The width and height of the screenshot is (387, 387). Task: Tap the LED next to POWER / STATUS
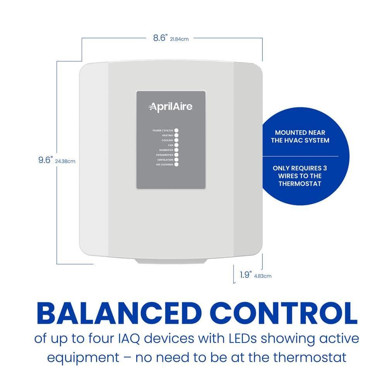(x=176, y=130)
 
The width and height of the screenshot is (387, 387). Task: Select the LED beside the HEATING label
(x=176, y=135)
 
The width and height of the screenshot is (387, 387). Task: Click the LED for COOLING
(x=176, y=140)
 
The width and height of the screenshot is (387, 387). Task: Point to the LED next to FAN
(x=176, y=145)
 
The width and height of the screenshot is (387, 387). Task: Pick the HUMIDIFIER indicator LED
(x=176, y=150)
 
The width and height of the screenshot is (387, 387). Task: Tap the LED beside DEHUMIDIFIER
(x=176, y=155)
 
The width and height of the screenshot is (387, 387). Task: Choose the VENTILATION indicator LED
(x=176, y=159)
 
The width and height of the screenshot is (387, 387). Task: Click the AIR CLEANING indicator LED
(x=176, y=164)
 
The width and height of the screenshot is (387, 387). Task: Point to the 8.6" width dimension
(x=159, y=38)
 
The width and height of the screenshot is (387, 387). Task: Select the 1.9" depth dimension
(x=245, y=275)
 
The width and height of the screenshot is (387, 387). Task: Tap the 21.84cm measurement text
(x=180, y=39)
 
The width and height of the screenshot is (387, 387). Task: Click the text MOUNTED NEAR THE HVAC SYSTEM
(x=300, y=137)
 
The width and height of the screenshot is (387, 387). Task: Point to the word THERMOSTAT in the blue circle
(x=300, y=183)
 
